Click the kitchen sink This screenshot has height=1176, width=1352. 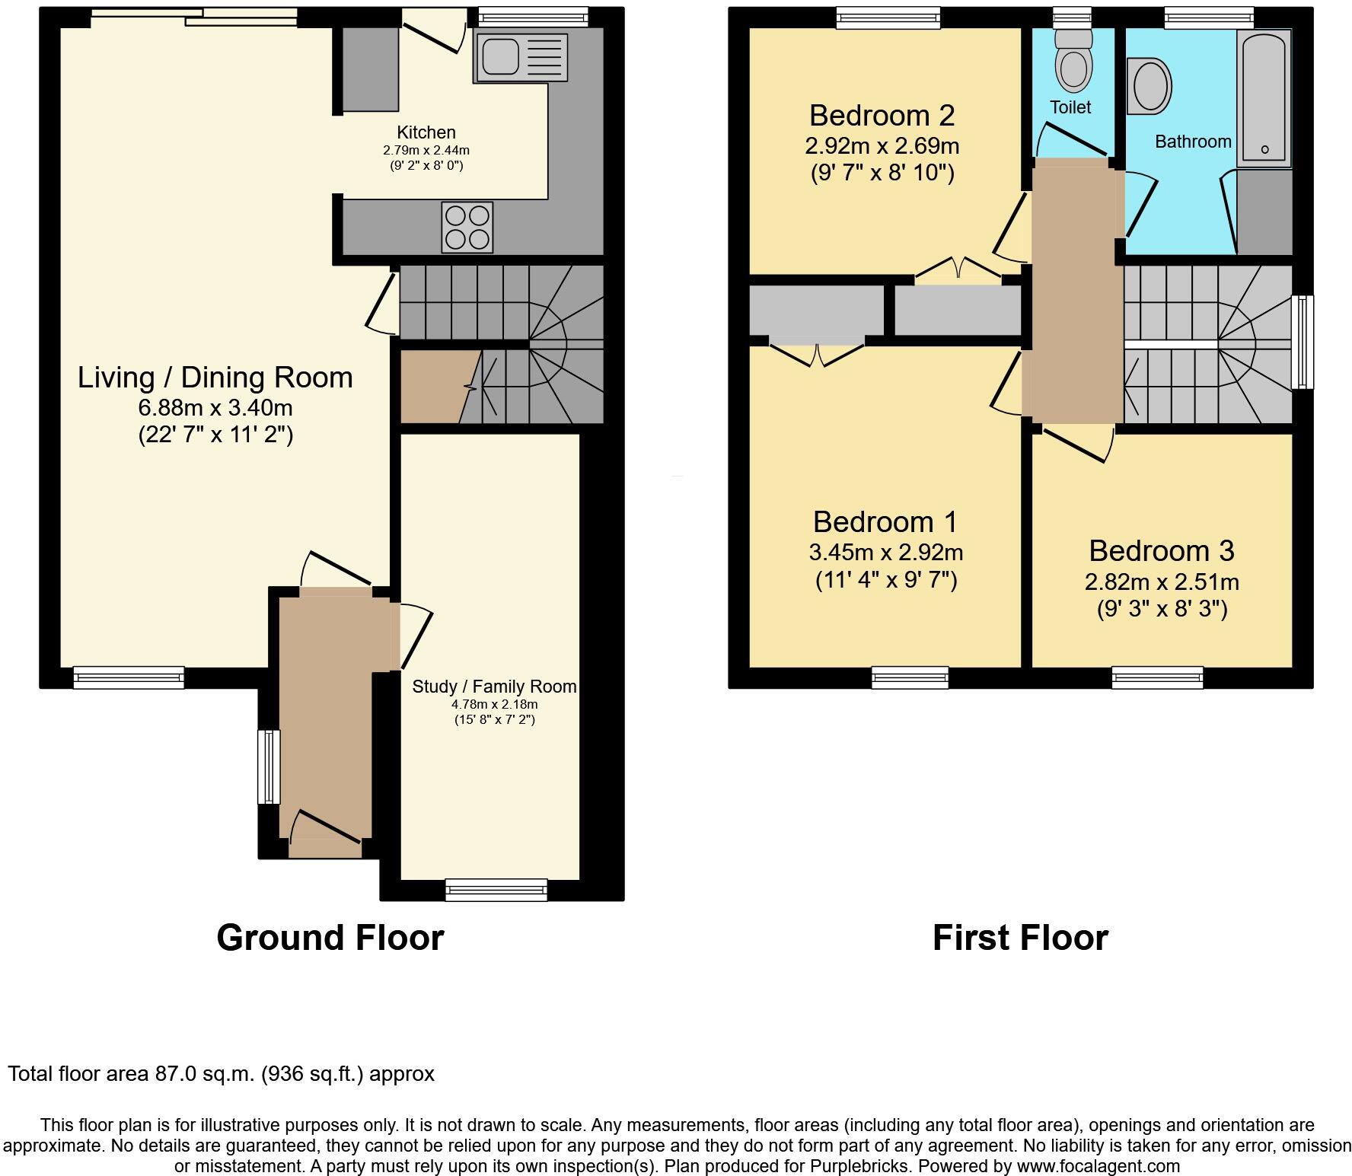(521, 58)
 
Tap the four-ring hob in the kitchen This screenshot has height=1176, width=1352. (467, 227)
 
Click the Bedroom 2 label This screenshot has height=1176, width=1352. (882, 116)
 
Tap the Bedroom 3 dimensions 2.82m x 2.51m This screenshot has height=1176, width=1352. (1161, 582)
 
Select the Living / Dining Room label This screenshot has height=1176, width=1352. (215, 378)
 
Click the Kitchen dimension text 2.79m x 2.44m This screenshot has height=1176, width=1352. (426, 151)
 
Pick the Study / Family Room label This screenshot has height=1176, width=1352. (494, 687)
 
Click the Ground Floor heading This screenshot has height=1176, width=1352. (330, 938)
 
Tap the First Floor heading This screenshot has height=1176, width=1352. (1020, 938)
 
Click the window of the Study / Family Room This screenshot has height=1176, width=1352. (496, 889)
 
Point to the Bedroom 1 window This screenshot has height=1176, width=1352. (910, 677)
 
